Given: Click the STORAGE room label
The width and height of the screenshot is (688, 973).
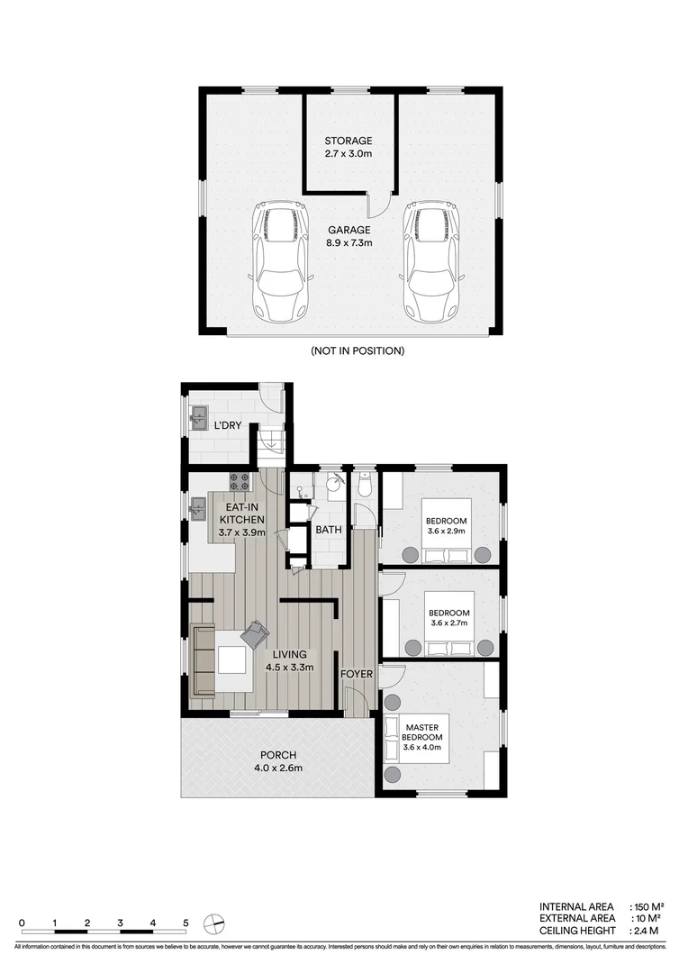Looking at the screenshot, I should point(348,141).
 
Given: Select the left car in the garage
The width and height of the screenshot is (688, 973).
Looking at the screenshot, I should point(282,263).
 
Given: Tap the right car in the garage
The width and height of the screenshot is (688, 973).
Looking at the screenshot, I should point(430,263).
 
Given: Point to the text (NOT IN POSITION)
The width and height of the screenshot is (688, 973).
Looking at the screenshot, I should point(357,350).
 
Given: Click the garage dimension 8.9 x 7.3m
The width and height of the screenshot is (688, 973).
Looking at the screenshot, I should point(348,243).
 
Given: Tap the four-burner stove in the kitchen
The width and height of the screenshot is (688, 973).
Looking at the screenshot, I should point(240,480).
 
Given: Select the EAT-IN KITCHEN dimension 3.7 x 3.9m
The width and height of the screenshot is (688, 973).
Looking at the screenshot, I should point(241,532).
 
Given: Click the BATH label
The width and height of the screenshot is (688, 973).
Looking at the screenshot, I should point(328,530).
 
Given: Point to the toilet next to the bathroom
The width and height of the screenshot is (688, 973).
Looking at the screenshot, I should point(365,486).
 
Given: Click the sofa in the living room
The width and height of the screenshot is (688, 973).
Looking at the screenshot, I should point(204,660).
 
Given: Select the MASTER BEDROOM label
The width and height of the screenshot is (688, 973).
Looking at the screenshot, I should point(421,732).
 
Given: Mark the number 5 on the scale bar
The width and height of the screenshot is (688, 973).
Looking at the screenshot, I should point(186,923).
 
